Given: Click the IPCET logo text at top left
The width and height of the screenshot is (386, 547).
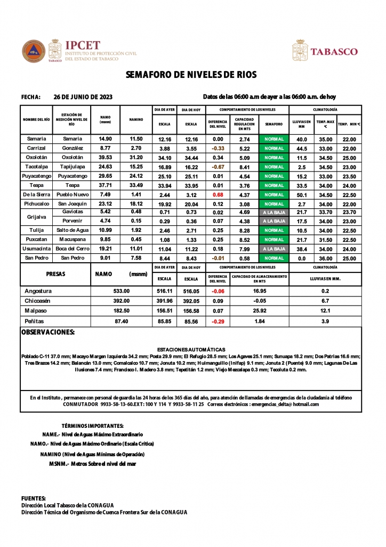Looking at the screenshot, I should [82, 45].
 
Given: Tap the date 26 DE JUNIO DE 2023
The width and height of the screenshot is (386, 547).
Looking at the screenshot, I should [83, 97].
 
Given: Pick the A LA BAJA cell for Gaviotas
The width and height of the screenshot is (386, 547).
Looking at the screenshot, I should [274, 213].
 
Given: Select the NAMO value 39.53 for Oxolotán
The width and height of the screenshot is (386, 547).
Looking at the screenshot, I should [105, 158].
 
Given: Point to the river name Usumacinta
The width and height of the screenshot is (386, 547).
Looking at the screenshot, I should [36, 249].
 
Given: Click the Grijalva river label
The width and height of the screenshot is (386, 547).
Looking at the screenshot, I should [36, 217].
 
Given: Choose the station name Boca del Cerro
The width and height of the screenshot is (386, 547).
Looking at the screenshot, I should [72, 249].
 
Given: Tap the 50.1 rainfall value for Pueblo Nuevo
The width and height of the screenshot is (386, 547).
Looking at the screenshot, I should [301, 195].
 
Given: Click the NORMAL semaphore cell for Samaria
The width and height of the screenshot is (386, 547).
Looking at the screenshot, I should [274, 139].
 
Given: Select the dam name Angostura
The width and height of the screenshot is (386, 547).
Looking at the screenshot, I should [38, 291].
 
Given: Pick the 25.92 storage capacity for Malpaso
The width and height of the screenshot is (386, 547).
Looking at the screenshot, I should [260, 310].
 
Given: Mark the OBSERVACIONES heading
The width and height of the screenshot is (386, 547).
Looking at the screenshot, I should [47, 332].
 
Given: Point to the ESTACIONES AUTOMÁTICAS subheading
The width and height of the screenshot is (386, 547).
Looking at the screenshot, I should [191, 349].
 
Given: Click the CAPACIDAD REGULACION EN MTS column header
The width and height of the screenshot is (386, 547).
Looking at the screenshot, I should [244, 124].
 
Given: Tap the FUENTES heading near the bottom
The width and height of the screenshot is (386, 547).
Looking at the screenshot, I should [33, 498].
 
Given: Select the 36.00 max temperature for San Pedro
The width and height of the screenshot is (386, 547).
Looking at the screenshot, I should [325, 259].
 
